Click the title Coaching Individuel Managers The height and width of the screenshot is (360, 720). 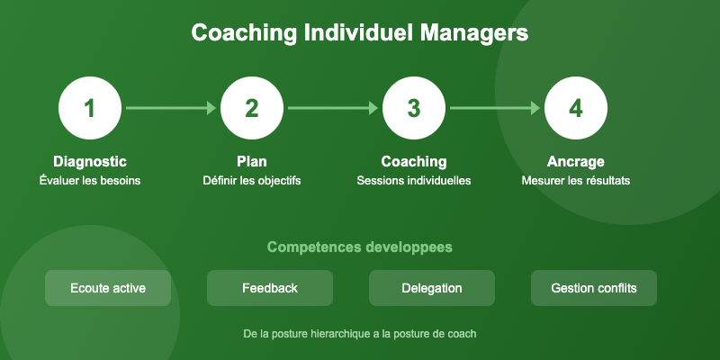pos(360,33)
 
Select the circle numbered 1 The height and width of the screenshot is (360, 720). pos(90,108)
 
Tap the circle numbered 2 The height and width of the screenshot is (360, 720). pos(252,108)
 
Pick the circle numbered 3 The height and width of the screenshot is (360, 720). pos(414,108)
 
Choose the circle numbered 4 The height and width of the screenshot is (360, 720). pos(576,108)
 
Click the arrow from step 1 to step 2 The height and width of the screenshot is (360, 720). pos(171,108)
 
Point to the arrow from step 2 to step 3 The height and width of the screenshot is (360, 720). pos(333,108)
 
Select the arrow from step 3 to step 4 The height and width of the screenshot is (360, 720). pos(495,108)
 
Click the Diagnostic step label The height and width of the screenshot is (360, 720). pos(90,162)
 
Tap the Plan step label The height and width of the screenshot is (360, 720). pos(252,162)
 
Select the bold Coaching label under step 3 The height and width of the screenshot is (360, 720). pos(414,162)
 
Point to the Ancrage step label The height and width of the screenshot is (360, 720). pos(576,162)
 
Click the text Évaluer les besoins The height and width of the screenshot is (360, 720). pos(90,181)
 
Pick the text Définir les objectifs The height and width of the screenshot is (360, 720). pos(252,181)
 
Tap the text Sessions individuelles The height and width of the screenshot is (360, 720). pos(414,181)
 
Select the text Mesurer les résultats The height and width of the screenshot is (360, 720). pos(576,181)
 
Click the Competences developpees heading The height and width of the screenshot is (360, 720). pos(360,247)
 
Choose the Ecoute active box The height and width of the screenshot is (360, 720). pos(108,288)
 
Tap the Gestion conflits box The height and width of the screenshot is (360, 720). pos(594,288)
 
